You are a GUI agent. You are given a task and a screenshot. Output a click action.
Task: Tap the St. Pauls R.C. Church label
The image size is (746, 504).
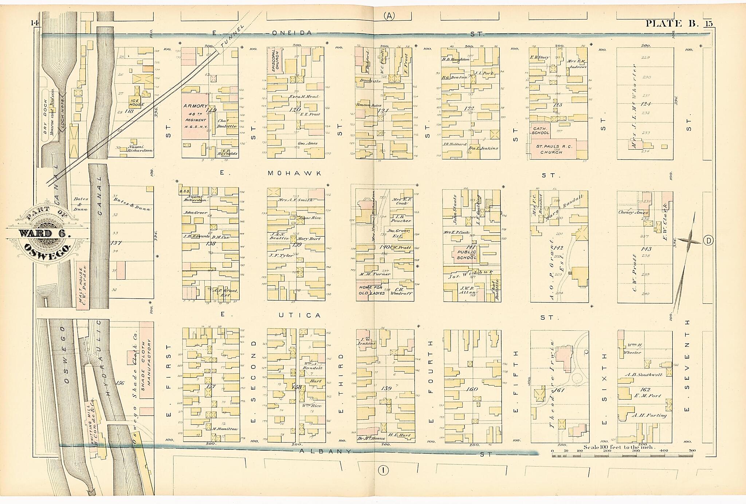[554, 149]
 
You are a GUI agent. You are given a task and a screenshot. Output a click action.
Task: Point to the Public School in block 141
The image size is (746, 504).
[466, 254]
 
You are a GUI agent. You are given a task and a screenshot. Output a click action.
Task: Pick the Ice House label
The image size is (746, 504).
[137, 102]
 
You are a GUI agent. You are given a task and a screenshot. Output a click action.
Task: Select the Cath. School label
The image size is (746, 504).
[540, 130]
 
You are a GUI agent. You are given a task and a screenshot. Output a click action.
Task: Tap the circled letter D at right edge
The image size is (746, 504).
[708, 240]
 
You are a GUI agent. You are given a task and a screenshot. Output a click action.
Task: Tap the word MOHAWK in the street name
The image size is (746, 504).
[294, 173]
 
